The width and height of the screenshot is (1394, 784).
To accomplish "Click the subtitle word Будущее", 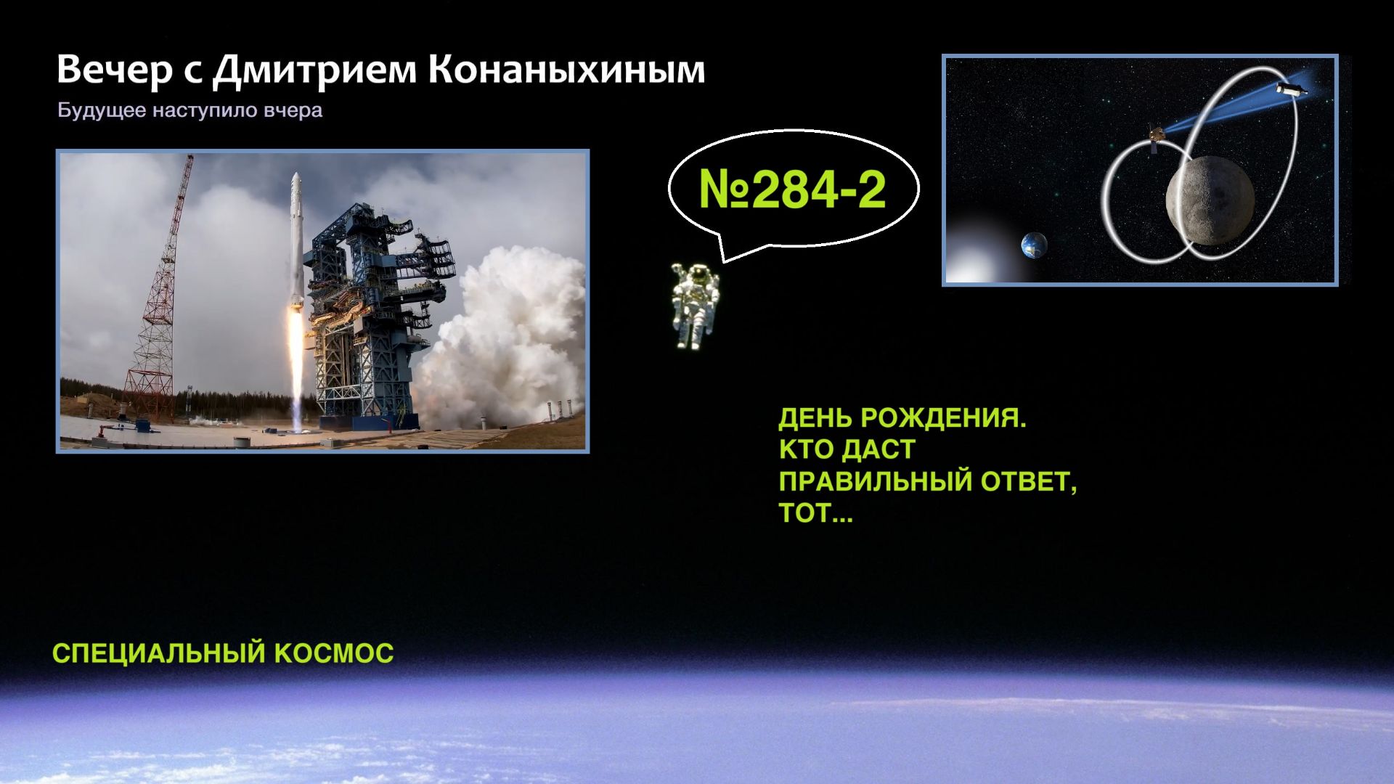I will click(x=102, y=111).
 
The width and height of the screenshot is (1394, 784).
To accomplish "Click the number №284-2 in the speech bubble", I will click(x=792, y=189).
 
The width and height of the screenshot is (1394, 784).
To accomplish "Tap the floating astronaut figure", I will click(x=693, y=305).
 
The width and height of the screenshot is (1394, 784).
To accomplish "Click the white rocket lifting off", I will click(x=295, y=240).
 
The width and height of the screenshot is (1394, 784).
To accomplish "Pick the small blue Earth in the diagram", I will click(x=1033, y=245).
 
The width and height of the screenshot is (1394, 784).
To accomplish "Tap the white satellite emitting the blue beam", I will click(x=1291, y=89).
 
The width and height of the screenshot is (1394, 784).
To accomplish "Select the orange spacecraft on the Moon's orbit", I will click(x=1157, y=136).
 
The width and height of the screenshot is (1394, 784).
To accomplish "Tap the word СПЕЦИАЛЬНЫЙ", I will click(x=159, y=653).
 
